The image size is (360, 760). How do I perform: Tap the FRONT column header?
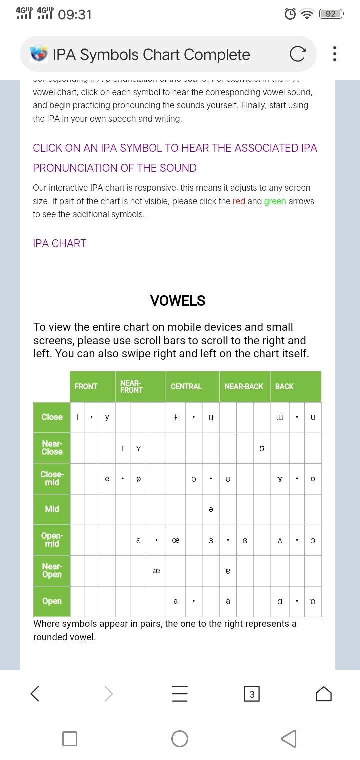(x=86, y=386)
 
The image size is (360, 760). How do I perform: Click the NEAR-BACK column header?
(x=244, y=386)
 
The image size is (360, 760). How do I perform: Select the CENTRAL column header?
(x=186, y=386)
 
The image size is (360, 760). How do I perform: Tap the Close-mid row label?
(x=52, y=478)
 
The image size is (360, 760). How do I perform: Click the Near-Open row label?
(x=52, y=570)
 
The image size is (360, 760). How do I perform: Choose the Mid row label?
(x=52, y=509)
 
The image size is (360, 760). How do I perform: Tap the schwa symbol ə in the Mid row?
(x=211, y=509)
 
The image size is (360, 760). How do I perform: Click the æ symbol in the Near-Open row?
(x=156, y=571)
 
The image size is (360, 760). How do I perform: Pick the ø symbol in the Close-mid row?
(x=138, y=479)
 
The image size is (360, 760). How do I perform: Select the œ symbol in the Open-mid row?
(x=175, y=540)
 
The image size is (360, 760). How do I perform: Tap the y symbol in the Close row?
(x=107, y=417)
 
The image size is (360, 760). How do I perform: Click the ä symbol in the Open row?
(x=228, y=601)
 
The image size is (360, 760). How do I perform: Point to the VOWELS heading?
(x=178, y=301)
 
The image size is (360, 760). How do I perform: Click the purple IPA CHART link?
(x=59, y=243)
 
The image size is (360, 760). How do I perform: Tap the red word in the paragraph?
(x=239, y=201)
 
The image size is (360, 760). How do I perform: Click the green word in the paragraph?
(x=275, y=201)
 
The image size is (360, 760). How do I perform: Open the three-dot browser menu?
(x=334, y=54)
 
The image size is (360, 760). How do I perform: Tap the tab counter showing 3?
(x=251, y=694)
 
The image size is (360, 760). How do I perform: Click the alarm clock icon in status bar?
(x=290, y=14)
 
